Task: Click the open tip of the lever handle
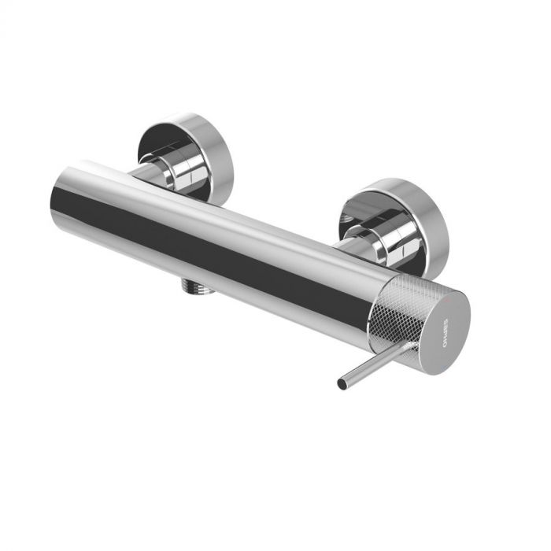[342, 384]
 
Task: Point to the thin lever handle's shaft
[370, 366]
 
